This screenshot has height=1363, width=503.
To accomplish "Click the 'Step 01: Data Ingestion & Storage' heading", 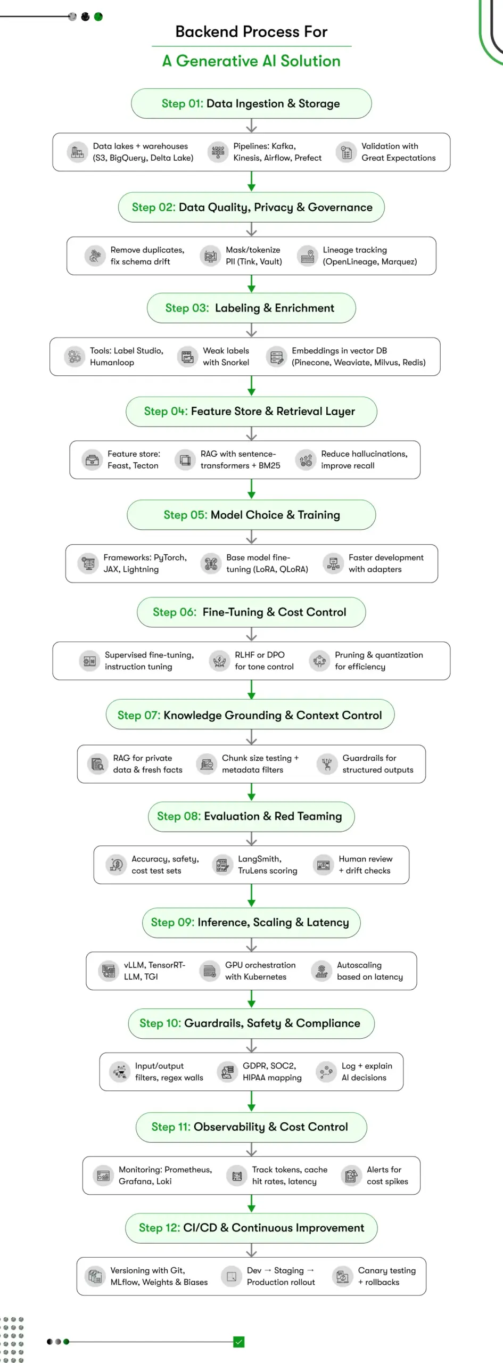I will [x=251, y=103].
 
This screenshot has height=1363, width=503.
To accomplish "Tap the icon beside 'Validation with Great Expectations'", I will [x=346, y=152].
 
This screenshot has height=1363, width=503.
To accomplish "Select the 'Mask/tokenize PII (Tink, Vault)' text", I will [x=254, y=256].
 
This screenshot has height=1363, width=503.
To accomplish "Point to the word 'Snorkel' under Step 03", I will [x=237, y=363].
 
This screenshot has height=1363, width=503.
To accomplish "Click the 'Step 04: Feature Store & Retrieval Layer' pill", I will [x=251, y=411].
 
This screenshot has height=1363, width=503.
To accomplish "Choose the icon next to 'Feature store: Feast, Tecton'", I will [x=92, y=459].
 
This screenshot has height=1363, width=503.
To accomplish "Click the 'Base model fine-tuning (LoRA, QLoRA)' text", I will [x=267, y=563].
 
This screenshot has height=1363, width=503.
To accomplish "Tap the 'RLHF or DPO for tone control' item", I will [x=264, y=661].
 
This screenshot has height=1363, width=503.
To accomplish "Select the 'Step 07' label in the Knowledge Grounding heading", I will [x=138, y=715].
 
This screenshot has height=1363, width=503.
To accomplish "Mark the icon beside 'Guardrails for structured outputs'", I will [x=327, y=764].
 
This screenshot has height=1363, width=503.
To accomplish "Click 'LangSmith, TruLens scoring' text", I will [x=267, y=865].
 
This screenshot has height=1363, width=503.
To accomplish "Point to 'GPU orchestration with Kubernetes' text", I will [x=260, y=971].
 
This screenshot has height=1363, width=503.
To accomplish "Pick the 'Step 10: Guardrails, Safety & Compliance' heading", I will [x=251, y=1023].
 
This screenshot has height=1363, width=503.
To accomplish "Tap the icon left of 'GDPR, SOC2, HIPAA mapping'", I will [x=227, y=1071].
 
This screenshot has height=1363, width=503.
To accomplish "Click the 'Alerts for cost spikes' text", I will [x=387, y=1175].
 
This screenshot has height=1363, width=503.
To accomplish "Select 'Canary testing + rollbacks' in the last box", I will [x=386, y=1276].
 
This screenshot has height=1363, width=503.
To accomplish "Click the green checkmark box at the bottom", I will [x=239, y=1342].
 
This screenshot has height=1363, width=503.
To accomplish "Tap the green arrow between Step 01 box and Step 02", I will [x=251, y=182].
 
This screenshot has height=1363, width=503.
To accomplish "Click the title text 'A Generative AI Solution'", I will [x=251, y=61].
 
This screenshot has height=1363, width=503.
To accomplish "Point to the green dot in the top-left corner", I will [x=98, y=17].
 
